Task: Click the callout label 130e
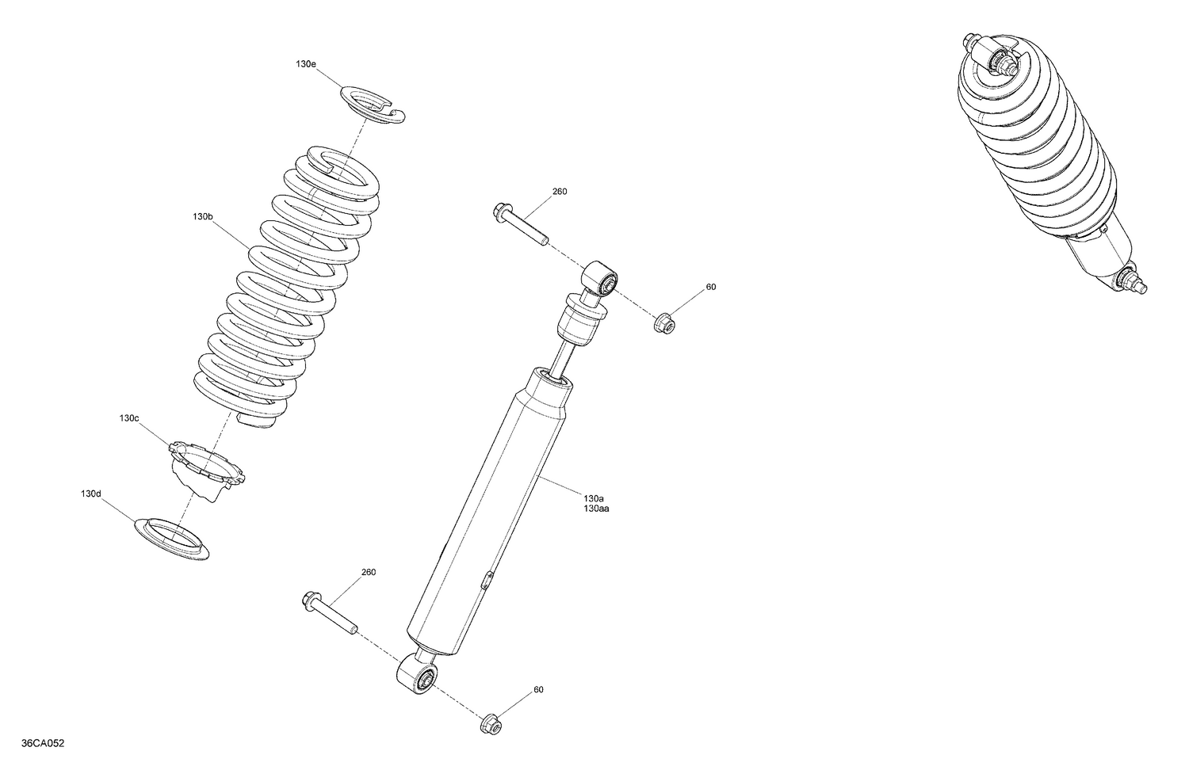tap(307, 63)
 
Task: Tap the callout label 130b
tap(203, 215)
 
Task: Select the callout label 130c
tap(129, 417)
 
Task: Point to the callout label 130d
tap(91, 494)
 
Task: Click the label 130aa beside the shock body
tap(596, 509)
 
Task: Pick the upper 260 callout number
tap(560, 192)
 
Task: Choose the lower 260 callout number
tap(369, 572)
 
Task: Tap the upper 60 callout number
tap(711, 287)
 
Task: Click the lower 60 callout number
tap(539, 689)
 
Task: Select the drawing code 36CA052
tap(44, 743)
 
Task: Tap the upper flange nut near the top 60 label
tap(663, 322)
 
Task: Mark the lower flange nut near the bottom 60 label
tap(490, 723)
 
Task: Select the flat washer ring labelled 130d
tap(172, 539)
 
